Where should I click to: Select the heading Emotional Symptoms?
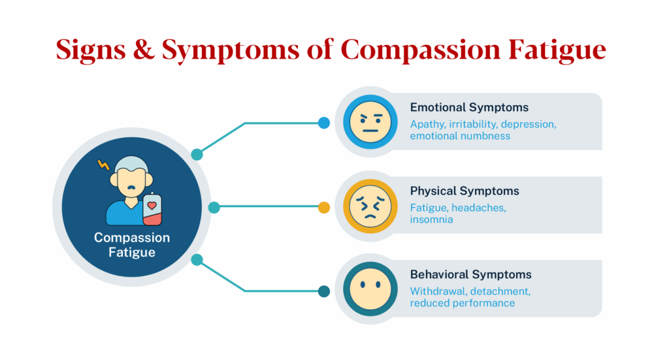point(469,107)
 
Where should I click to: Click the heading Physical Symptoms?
point(465,191)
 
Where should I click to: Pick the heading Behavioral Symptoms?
point(470,274)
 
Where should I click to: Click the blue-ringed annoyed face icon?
point(370,122)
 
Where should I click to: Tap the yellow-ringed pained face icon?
point(370,206)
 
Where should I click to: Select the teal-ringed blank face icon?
point(370,290)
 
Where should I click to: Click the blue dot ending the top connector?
point(324,122)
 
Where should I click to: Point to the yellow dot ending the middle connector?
point(324,208)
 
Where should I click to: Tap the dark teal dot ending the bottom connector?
point(324,291)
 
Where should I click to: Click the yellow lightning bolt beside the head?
point(103,165)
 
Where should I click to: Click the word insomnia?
point(431,220)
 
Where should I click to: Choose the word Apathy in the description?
point(427,124)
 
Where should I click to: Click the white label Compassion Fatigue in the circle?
point(132,244)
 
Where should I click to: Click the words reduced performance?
point(462,303)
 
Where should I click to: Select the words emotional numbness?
point(460,136)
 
